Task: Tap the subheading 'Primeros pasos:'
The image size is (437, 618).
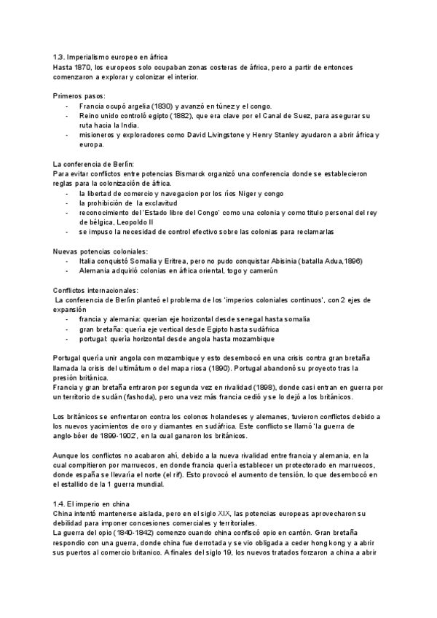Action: (x=79, y=96)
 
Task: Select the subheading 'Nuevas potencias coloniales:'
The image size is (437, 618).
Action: (x=101, y=251)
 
